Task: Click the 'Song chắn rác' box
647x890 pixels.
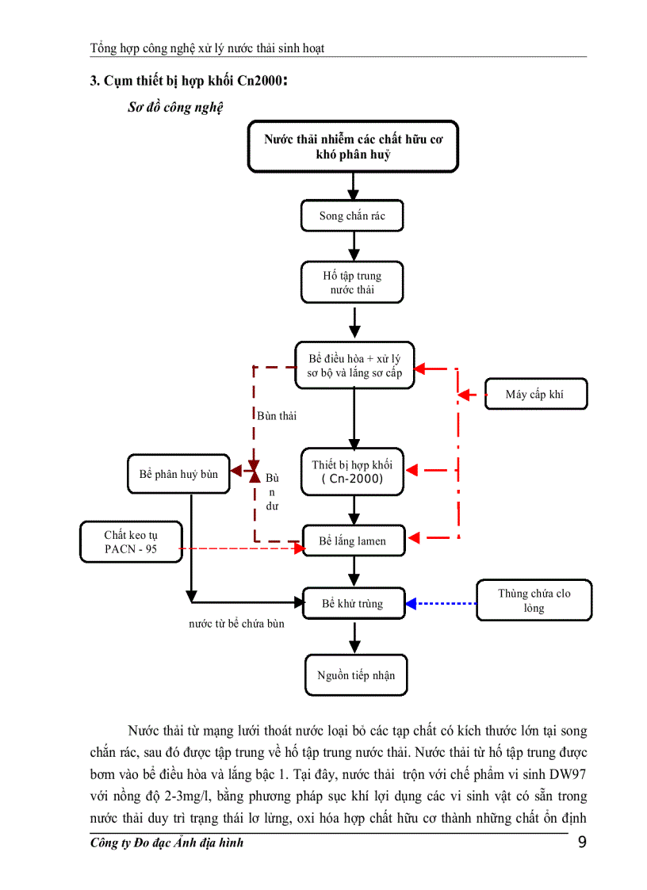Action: pos(353,216)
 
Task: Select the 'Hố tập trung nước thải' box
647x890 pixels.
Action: pos(352,283)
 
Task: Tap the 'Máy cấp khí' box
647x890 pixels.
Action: pos(535,394)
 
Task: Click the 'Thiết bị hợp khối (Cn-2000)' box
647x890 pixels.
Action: pos(353,472)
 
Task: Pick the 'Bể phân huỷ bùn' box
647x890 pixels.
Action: pos(178,474)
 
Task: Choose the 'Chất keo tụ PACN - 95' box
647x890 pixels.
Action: pos(131,542)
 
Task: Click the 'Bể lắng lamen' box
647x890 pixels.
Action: pos(353,541)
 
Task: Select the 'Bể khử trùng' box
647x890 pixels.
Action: pos(353,604)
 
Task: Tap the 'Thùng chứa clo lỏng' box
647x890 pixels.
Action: pos(534,601)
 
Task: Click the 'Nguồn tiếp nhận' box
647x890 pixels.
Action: pos(355,675)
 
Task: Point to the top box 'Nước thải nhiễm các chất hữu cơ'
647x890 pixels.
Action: pos(353,147)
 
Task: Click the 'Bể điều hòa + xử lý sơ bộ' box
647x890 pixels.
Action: pos(354,365)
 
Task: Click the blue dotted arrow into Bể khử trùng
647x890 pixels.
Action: pos(440,604)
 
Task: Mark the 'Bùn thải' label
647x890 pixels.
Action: pos(277,415)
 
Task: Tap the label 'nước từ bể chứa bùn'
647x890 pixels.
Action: pos(236,624)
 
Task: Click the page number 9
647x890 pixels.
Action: pos(583,842)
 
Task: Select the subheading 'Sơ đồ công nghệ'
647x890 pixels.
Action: pos(175,108)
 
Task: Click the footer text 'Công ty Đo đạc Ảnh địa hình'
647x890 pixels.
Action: pos(167,842)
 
